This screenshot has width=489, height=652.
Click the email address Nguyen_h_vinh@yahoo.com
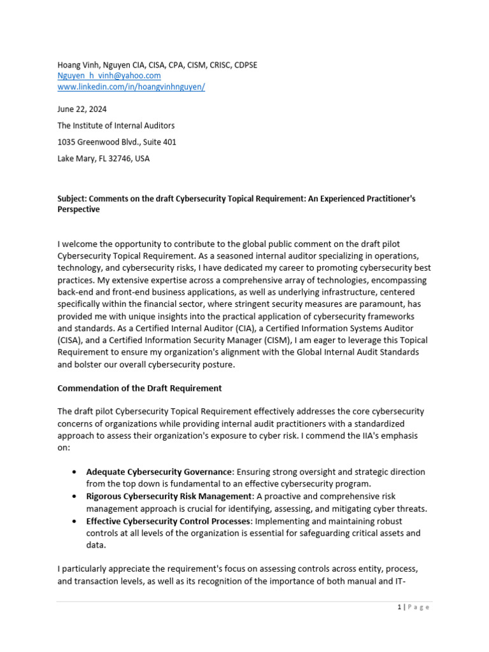click(109, 76)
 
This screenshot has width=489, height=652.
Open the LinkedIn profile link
click(131, 87)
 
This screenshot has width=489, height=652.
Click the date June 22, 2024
click(82, 109)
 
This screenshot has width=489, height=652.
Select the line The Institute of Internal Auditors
click(116, 125)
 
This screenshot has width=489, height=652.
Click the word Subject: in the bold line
click(73, 199)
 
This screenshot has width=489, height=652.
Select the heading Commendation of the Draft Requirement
click(139, 388)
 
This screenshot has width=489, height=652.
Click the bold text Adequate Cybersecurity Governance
click(159, 472)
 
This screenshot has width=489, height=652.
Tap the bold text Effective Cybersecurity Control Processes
click(169, 521)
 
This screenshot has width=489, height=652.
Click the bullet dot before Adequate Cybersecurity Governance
click(76, 472)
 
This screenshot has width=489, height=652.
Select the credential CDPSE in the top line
click(245, 65)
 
